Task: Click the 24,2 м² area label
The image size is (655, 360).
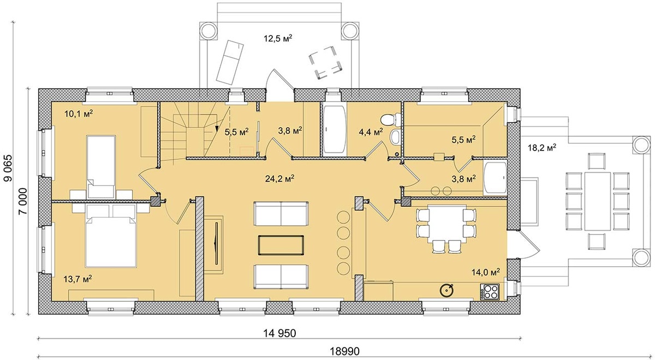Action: coord(279,178)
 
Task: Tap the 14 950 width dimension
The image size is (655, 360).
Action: coord(279,333)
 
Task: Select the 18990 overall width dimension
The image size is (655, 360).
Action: coord(345,351)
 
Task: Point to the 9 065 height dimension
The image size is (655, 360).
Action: coord(8,167)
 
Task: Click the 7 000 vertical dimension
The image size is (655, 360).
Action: coord(23,201)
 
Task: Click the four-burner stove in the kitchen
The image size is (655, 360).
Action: coord(490,291)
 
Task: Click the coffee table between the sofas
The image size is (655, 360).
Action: coord(281,245)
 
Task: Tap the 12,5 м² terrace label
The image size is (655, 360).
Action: coord(278,38)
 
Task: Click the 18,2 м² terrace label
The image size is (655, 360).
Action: coord(542,148)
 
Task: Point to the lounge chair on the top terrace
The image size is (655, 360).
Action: coord(230,63)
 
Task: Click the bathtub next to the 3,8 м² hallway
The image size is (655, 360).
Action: coord(335,129)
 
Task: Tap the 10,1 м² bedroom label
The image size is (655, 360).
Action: coord(79,113)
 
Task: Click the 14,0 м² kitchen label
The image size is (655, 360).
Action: coord(485,272)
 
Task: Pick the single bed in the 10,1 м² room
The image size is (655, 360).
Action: coord(101,167)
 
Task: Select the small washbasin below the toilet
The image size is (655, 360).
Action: coord(395,137)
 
